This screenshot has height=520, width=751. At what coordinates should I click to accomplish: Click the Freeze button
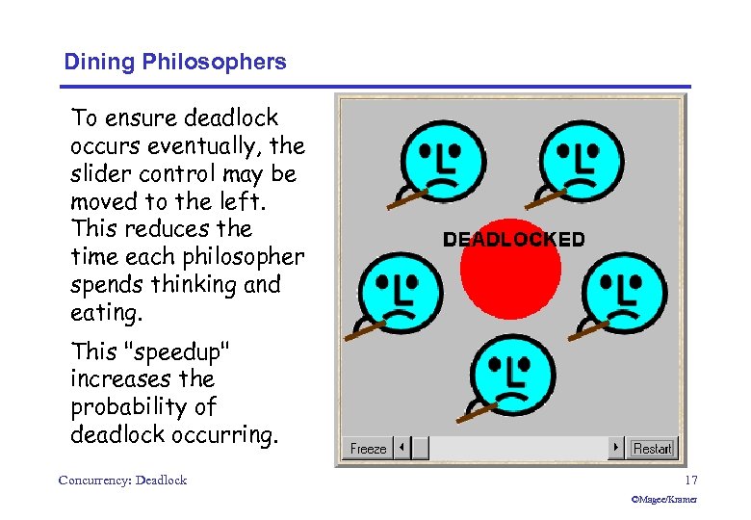[x=368, y=449]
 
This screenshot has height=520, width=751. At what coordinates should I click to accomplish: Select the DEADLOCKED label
[x=513, y=240]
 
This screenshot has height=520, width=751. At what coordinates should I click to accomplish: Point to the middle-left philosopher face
[x=400, y=292]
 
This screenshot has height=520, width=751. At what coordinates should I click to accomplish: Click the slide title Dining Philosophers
[x=175, y=63]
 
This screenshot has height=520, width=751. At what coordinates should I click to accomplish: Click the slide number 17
[x=690, y=480]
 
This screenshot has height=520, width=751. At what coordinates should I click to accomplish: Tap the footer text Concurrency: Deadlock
[x=122, y=480]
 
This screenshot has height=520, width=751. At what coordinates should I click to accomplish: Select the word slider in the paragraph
[x=100, y=174]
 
